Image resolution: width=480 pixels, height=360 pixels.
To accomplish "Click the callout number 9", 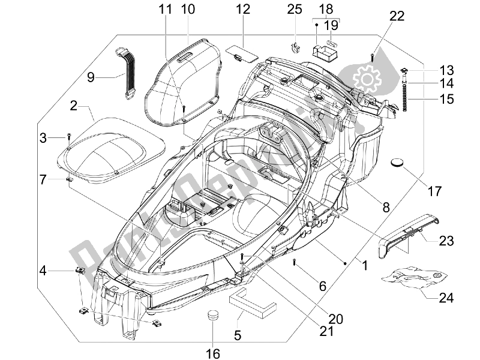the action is tap(91, 77).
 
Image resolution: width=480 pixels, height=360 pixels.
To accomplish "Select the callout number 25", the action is tap(295, 9).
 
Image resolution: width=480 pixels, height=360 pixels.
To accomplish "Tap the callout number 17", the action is tap(434, 191).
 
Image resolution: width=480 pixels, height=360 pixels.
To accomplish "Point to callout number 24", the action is tap(446, 298).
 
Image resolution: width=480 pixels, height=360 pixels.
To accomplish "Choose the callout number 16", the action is tap(213, 353).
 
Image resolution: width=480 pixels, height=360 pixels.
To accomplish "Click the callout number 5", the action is tap(238, 335).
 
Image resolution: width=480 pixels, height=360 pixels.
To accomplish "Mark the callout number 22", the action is tap(397, 16).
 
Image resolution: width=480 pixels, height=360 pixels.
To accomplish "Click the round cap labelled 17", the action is tap(397, 162).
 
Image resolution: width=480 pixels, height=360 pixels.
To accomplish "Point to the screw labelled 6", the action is tap(294, 262).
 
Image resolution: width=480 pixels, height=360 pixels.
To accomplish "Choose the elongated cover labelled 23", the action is tap(408, 233).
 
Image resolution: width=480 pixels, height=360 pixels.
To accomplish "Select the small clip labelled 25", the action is tap(294, 47).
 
